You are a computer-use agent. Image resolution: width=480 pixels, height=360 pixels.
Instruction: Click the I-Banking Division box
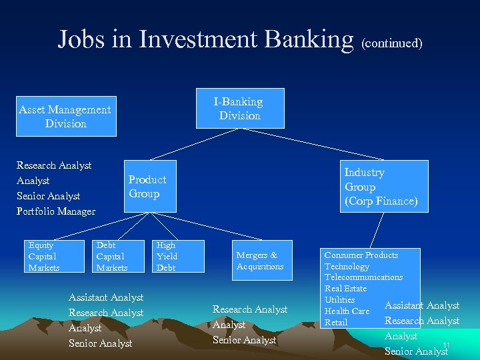[239, 108]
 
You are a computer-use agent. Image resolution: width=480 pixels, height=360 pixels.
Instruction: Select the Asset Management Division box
[65, 117]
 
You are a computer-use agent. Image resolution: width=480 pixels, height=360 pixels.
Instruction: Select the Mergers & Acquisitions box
[260, 261]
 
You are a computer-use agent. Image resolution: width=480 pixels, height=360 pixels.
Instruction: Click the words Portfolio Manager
[56, 211]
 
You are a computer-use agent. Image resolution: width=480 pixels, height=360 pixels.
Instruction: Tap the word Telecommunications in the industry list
[363, 277]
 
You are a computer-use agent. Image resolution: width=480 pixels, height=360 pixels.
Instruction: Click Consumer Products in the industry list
[361, 255]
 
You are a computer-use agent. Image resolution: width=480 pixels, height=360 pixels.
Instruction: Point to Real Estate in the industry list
[345, 289]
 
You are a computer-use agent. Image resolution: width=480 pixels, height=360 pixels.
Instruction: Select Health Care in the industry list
[347, 311]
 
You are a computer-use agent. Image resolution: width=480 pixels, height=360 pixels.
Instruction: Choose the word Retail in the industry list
[336, 323]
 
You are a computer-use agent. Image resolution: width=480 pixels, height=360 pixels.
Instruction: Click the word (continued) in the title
[391, 43]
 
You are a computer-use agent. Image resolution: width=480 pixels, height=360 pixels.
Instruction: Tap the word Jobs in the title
[81, 39]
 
